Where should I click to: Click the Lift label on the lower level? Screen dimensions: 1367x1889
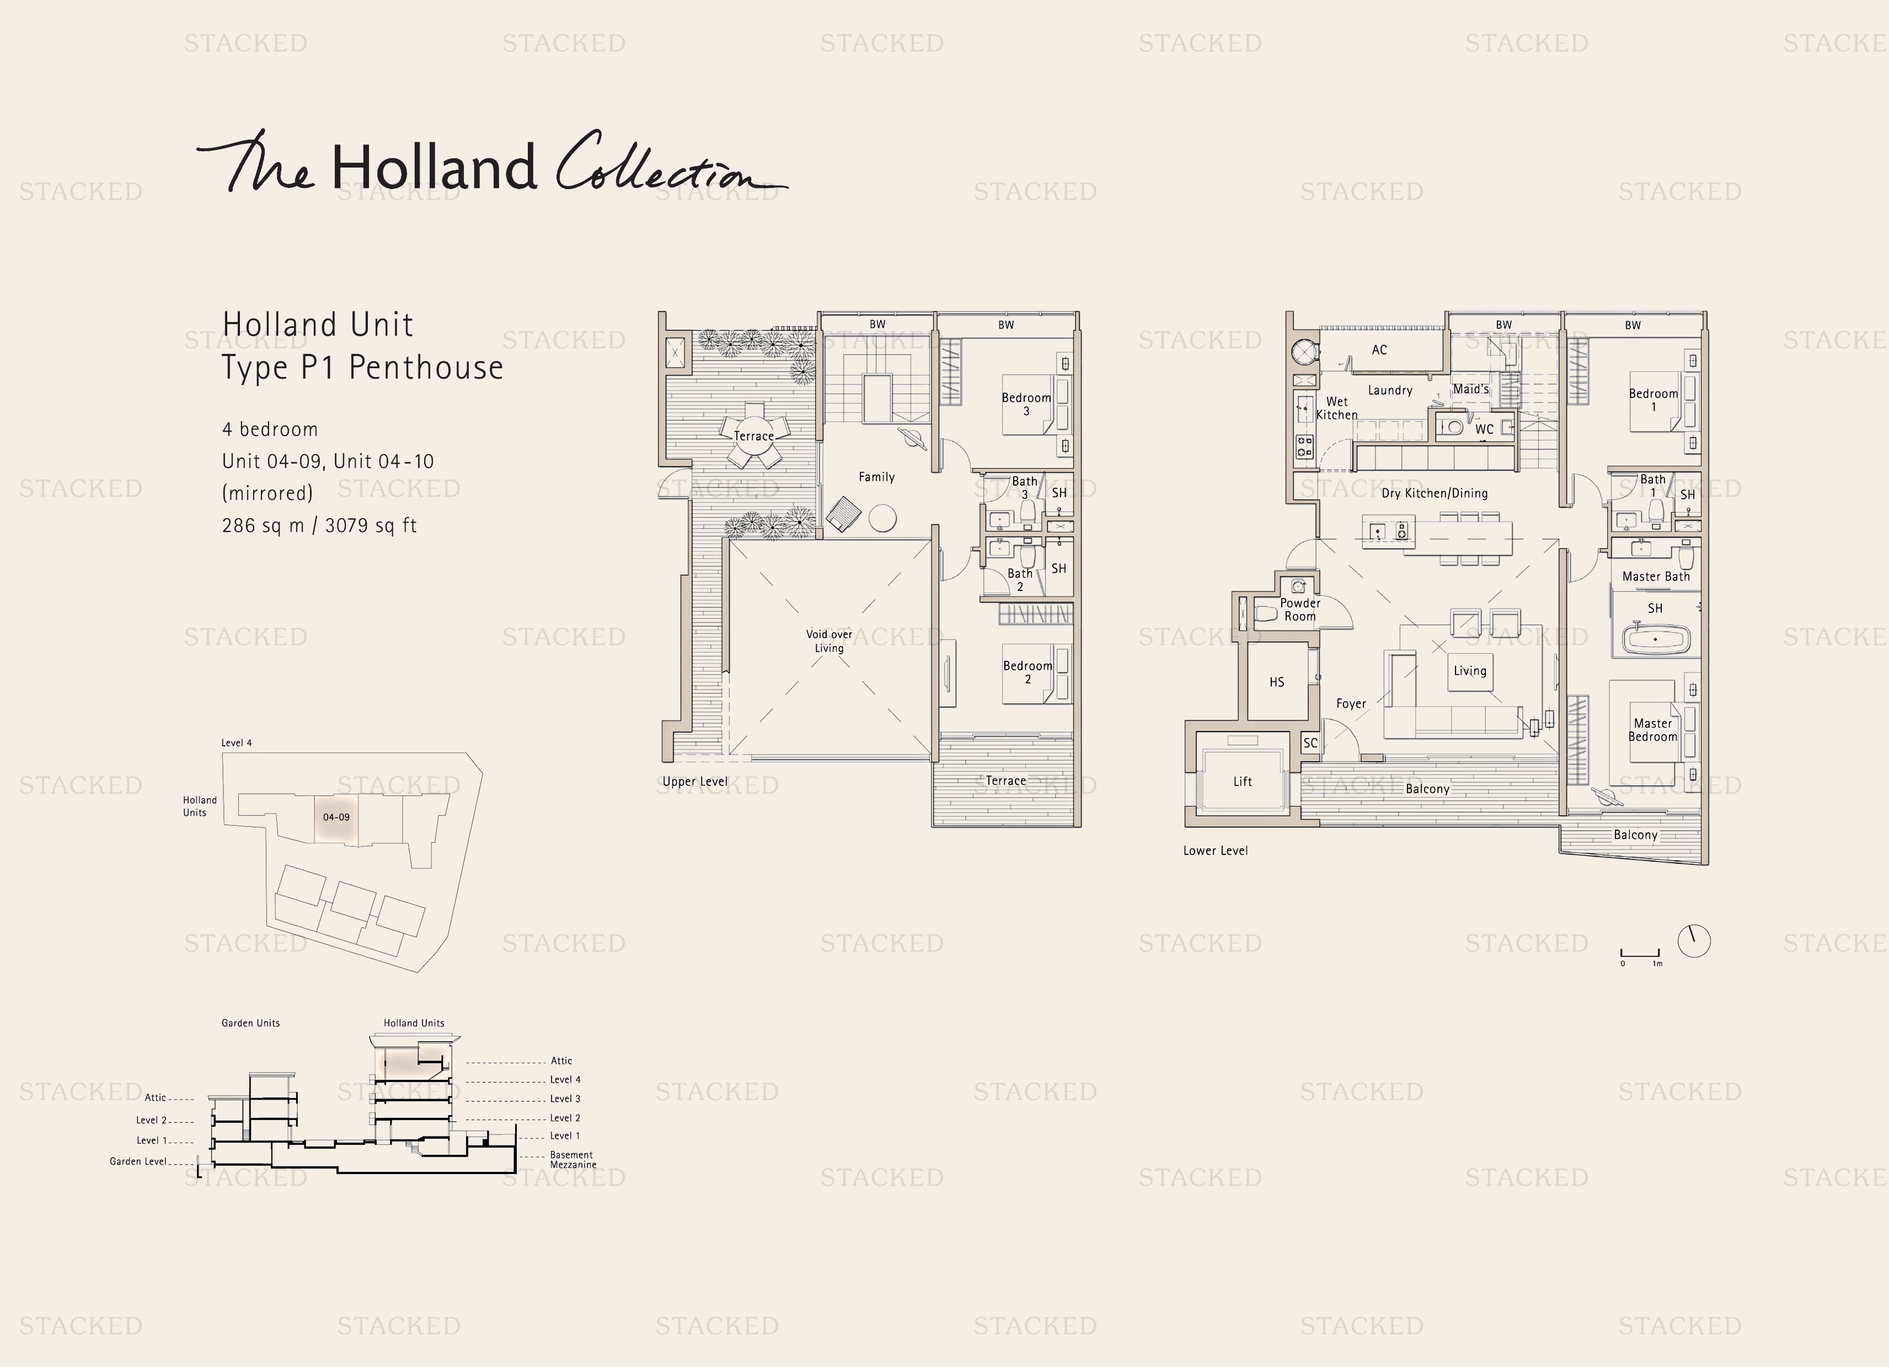pos(1242,782)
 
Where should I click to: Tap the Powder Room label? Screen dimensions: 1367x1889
pos(1299,610)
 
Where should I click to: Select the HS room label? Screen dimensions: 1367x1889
pos(1276,682)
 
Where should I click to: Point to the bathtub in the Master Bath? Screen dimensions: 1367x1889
pos(1656,640)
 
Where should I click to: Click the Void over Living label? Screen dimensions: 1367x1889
pos(829,641)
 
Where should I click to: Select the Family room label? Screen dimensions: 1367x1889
pos(876,477)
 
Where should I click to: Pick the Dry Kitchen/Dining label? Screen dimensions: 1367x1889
pos(1434,493)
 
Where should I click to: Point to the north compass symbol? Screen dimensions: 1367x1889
pos(1693,941)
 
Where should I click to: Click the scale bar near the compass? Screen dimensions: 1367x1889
pos(1640,953)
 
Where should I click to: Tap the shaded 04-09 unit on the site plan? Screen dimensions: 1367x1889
pos(336,817)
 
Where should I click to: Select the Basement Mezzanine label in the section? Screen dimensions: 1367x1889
pos(572,1160)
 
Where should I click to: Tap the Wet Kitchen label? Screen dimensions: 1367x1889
pos(1336,408)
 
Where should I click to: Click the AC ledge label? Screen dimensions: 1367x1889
pos(1379,349)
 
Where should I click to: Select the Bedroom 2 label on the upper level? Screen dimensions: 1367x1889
pos(1027,672)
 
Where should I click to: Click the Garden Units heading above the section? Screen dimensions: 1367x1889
pos(251,1023)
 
